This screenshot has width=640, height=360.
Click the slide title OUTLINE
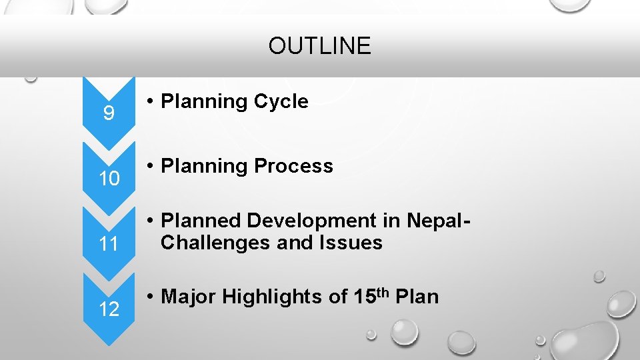tap(319, 46)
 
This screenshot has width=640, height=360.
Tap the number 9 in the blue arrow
tap(109, 114)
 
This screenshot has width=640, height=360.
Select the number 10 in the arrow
tap(109, 179)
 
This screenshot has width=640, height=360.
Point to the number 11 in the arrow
tap(109, 244)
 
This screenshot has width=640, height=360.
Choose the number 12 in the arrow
tap(109, 309)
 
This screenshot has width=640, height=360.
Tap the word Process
tap(293, 166)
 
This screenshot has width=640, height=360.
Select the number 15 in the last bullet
tap(359, 297)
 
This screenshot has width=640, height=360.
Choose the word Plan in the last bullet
tap(417, 297)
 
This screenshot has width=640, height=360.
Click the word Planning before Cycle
tap(204, 102)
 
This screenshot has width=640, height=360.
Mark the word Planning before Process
tap(204, 167)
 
